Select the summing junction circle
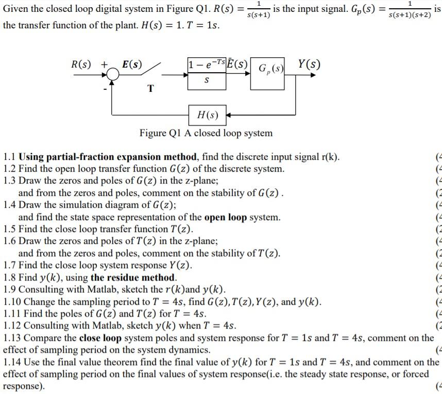113,75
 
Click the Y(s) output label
309,65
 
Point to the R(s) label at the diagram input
81,65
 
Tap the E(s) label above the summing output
132,65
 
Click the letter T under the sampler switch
150,88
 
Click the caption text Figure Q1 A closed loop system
206,133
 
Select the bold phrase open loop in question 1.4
226,217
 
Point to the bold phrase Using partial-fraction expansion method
108,157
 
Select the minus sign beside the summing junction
106,89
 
